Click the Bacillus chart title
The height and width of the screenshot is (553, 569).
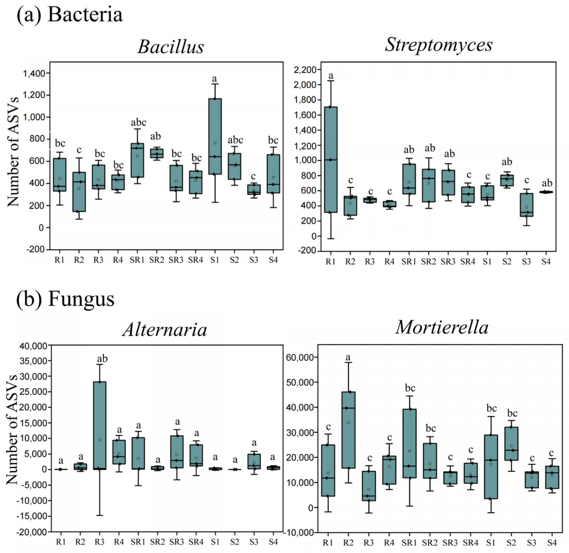click(x=171, y=47)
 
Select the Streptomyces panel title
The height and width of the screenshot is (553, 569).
click(x=438, y=45)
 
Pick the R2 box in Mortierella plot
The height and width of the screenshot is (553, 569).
click(x=348, y=430)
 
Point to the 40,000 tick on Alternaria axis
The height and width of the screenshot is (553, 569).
click(x=33, y=346)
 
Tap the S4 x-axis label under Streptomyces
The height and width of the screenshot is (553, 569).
click(x=546, y=262)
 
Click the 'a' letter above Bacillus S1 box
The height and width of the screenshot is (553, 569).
click(x=214, y=78)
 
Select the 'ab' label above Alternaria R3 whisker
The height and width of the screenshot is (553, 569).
click(x=102, y=359)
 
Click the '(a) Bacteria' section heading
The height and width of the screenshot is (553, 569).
click(x=70, y=15)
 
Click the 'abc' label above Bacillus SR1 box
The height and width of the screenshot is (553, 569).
click(x=139, y=122)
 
